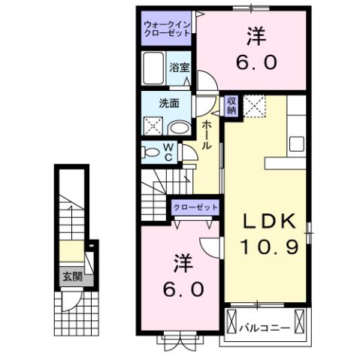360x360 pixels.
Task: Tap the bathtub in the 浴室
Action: coord(155,69)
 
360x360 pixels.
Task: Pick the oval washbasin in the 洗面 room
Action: coord(177,128)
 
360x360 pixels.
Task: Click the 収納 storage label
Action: coord(232,104)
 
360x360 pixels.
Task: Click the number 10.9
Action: coord(270,245)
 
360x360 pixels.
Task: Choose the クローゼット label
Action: coord(196,207)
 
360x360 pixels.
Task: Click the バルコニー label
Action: coord(259,328)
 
